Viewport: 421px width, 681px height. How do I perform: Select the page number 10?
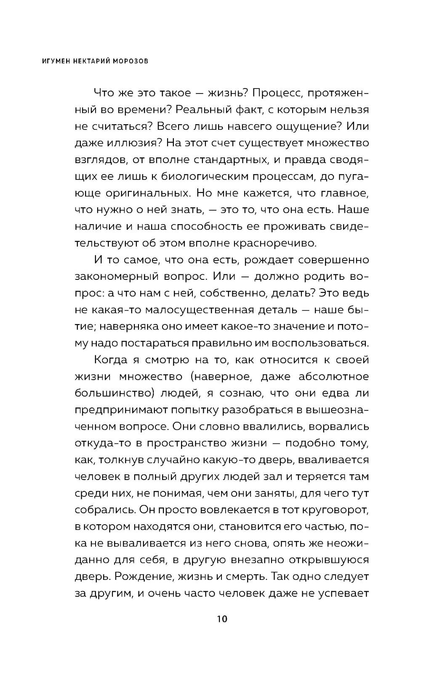(x=222, y=619)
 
